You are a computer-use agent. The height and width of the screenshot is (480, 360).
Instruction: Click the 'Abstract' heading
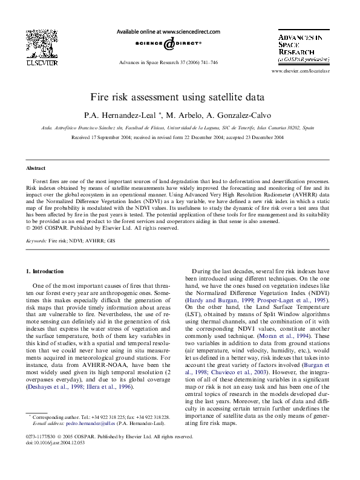tap(36, 168)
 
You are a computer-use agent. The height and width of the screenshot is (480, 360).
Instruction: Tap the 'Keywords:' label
tap(36, 241)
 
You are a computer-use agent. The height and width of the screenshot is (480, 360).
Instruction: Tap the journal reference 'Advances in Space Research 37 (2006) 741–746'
tap(168, 63)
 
